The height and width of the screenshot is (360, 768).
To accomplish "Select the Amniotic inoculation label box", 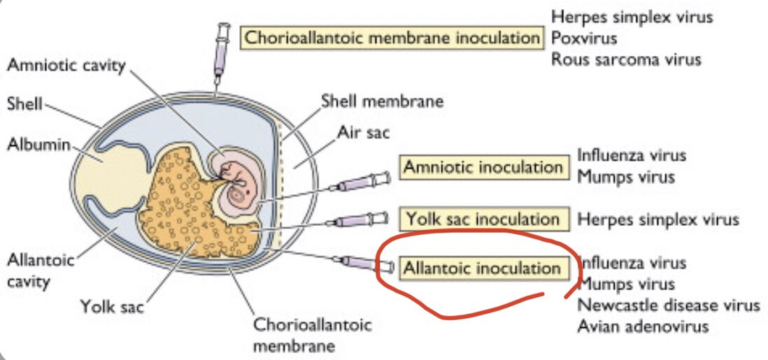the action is click(x=483, y=167).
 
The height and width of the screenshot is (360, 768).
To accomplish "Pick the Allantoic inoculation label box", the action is click(x=482, y=268).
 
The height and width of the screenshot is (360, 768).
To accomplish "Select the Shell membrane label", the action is click(x=382, y=101).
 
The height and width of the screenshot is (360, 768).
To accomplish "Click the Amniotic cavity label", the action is click(x=66, y=66).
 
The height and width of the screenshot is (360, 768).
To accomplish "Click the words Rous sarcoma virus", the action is click(x=625, y=59).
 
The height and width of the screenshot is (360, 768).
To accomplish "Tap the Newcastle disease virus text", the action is click(x=668, y=305).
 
